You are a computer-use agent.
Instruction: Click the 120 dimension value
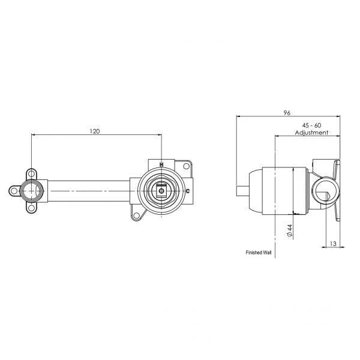[x=95, y=130]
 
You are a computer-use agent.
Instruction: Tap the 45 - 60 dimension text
[x=311, y=125]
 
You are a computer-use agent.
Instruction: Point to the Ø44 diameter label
[x=289, y=230]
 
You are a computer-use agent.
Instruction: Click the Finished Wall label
[x=258, y=253]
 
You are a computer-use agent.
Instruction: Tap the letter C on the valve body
[x=188, y=191]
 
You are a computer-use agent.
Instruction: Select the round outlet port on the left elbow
[x=31, y=192]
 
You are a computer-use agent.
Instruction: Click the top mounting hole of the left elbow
[x=31, y=174]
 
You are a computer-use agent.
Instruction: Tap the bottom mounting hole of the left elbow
[x=31, y=209]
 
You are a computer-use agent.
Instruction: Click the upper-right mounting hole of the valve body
[x=185, y=165]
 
